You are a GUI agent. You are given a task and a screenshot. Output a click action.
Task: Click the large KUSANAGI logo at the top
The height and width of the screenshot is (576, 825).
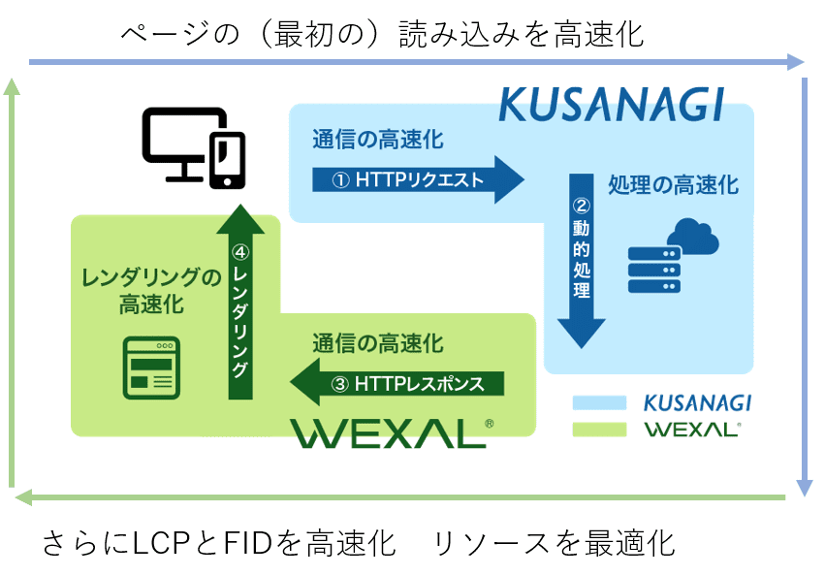click(612, 105)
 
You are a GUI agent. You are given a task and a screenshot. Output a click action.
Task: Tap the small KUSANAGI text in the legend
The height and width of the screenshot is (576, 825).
click(697, 402)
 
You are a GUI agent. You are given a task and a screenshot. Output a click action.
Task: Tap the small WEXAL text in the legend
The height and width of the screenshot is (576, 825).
click(693, 430)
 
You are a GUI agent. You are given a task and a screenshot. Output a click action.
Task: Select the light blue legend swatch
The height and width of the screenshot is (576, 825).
click(599, 402)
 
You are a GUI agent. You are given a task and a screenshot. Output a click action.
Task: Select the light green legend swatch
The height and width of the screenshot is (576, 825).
click(599, 430)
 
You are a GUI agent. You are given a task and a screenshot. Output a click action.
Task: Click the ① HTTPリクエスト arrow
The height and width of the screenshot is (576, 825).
click(418, 179)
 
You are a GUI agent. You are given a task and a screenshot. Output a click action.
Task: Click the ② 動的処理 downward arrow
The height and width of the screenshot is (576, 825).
click(582, 261)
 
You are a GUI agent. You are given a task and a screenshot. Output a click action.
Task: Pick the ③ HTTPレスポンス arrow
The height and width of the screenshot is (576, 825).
click(397, 383)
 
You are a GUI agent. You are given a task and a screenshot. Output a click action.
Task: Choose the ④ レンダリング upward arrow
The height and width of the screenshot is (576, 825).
click(240, 302)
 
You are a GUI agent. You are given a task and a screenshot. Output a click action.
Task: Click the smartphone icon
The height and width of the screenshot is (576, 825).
click(227, 160)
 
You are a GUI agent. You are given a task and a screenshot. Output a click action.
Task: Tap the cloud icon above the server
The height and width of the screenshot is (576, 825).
click(693, 237)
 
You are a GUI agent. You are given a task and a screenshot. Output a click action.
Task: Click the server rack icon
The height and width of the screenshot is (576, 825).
click(654, 271)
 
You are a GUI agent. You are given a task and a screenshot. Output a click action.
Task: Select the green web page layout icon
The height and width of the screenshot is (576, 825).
click(151, 368)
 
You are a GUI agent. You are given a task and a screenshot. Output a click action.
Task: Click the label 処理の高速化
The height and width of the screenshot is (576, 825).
click(674, 185)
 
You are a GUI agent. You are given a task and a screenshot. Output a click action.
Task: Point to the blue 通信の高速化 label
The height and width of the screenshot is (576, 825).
click(378, 140)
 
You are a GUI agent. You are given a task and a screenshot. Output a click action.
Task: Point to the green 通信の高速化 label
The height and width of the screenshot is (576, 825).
click(378, 344)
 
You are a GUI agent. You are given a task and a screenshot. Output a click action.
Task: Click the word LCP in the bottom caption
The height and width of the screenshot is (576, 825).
click(159, 543)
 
